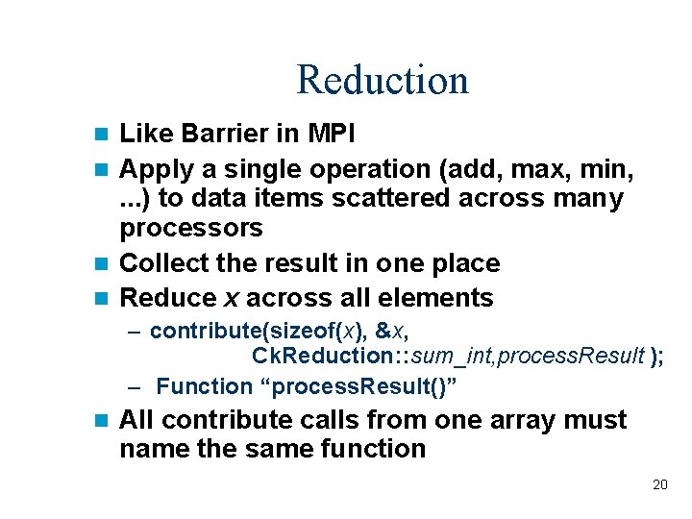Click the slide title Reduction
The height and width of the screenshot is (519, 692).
pyautogui.click(x=382, y=80)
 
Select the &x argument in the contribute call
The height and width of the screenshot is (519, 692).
pyautogui.click(x=390, y=331)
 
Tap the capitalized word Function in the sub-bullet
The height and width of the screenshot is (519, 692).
pyautogui.click(x=204, y=386)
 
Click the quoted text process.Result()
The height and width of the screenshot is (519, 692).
pyautogui.click(x=365, y=386)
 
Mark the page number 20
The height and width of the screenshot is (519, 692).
pyautogui.click(x=659, y=484)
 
